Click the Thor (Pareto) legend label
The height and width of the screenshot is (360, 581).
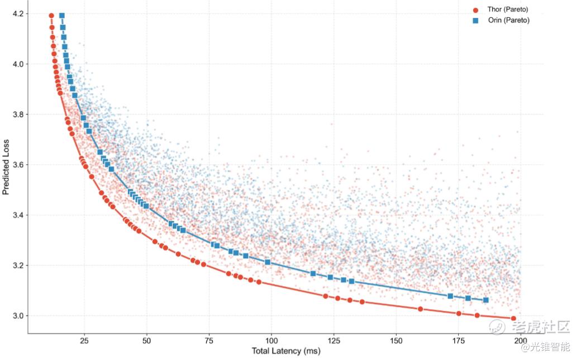tap(507, 10)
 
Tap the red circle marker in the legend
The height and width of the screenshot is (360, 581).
tap(476, 10)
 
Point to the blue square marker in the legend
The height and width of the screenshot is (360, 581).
tap(476, 21)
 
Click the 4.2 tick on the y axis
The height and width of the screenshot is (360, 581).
tap(17, 13)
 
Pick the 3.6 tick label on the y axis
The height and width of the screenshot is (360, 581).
tap(17, 164)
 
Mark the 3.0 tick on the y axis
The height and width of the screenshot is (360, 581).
tap(17, 316)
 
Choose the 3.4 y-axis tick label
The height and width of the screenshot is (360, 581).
tap(17, 215)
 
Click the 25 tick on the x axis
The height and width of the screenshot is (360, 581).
tap(84, 340)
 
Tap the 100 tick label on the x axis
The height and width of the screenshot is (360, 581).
tap(271, 340)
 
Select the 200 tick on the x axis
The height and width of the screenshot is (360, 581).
tap(520, 340)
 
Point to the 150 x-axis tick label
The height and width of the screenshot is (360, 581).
tap(396, 340)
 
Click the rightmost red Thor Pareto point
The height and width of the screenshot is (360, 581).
tap(513, 319)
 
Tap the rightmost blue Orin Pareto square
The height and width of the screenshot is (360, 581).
tap(485, 300)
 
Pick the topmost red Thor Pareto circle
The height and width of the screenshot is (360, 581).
tap(51, 16)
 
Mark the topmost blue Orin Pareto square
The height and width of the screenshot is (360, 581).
tap(61, 16)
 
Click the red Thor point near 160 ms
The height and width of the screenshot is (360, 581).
tap(420, 309)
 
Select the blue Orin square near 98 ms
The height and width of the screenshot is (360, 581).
tap(267, 262)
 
